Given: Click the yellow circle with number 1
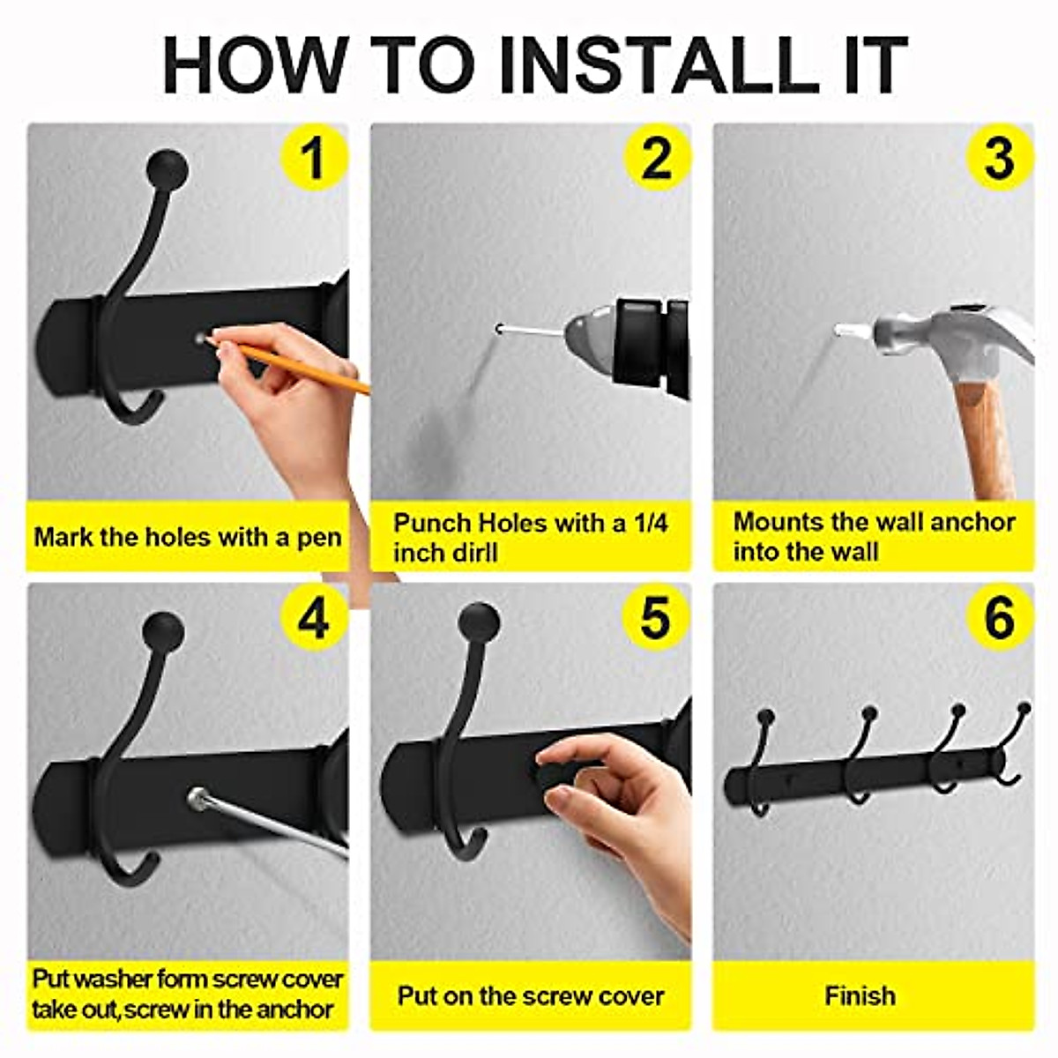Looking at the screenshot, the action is coord(314,158).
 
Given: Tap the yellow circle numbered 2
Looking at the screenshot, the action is coord(657,158).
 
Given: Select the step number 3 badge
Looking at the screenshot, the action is coord(999,158).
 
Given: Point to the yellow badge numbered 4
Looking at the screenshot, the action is coord(314,618).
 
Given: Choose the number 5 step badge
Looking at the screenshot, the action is coord(657,618).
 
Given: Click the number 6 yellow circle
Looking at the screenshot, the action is coord(999,618).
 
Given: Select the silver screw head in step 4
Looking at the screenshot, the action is coord(197,799).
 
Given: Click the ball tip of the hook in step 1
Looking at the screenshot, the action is coord(168,169).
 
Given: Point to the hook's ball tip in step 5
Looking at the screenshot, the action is coord(480,623).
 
